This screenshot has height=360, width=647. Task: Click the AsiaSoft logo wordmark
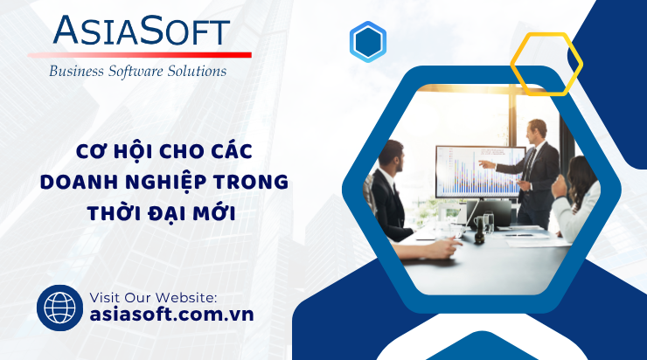point(142,30)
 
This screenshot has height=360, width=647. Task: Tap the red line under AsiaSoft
point(140,55)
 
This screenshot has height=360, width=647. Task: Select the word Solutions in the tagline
point(197,71)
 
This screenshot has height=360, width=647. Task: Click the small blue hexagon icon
point(367,42)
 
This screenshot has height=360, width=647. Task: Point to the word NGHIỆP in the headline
point(166,183)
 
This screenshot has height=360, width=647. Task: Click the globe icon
point(59,308)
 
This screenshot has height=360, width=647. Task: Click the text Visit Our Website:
point(153,297)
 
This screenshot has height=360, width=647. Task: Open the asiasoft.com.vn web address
point(171,315)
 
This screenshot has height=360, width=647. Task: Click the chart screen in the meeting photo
point(480,171)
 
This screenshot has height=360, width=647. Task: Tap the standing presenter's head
point(537,130)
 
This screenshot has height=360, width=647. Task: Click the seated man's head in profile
point(391,156)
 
